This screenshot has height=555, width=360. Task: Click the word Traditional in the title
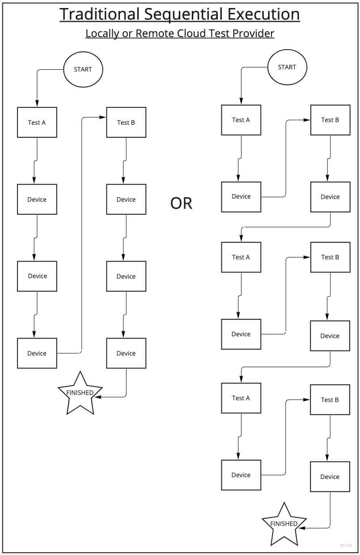[100, 14]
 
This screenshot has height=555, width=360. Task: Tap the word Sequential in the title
[184, 14]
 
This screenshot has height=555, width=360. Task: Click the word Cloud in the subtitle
[192, 34]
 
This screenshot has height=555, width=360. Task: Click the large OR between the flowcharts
[181, 203]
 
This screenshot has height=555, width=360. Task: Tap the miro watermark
[346, 545]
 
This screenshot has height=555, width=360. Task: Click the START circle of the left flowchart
[83, 69]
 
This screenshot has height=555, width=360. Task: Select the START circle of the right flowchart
[287, 67]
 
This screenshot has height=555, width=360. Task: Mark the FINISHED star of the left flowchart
[80, 393]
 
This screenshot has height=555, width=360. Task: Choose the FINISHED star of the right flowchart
[284, 524]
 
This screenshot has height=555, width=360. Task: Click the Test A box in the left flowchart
[37, 122]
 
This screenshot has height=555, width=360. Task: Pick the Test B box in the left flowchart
[126, 122]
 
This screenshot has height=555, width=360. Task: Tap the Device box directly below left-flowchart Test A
[37, 199]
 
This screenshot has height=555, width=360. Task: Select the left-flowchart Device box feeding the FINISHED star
[126, 353]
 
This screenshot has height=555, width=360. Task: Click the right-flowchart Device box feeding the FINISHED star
[330, 477]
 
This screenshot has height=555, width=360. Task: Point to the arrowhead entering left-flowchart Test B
[103, 117]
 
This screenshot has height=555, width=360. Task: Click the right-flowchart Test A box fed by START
[241, 120]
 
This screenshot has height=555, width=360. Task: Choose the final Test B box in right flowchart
[330, 399]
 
